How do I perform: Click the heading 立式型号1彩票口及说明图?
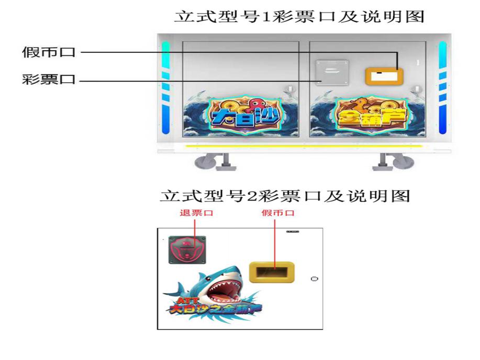pyautogui.click(x=299, y=17)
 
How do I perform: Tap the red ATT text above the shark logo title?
pyautogui.click(x=186, y=300)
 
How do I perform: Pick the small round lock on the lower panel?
pyautogui.click(x=315, y=278)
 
